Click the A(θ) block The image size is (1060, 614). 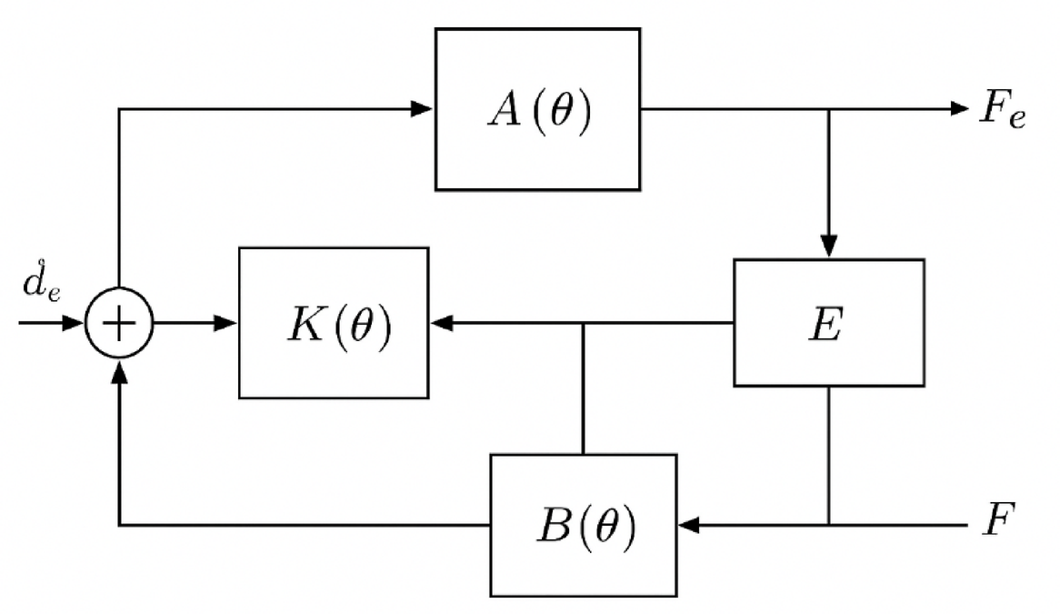coord(537,108)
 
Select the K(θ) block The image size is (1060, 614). coord(334,323)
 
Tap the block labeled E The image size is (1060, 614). coord(828,323)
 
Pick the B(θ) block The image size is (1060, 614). coord(584,525)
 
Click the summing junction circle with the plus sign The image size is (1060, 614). coord(119,323)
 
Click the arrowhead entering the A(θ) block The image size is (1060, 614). coord(422,109)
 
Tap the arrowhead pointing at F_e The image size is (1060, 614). coord(959,109)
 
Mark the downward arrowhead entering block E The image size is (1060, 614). coord(828,246)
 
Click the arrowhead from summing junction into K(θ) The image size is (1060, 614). coord(225,323)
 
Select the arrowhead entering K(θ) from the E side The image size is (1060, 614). coord(443,323)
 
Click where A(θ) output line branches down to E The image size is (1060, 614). coord(828,109)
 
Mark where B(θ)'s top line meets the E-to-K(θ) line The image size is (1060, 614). coord(583,323)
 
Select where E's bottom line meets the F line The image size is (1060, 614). coord(828,525)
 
